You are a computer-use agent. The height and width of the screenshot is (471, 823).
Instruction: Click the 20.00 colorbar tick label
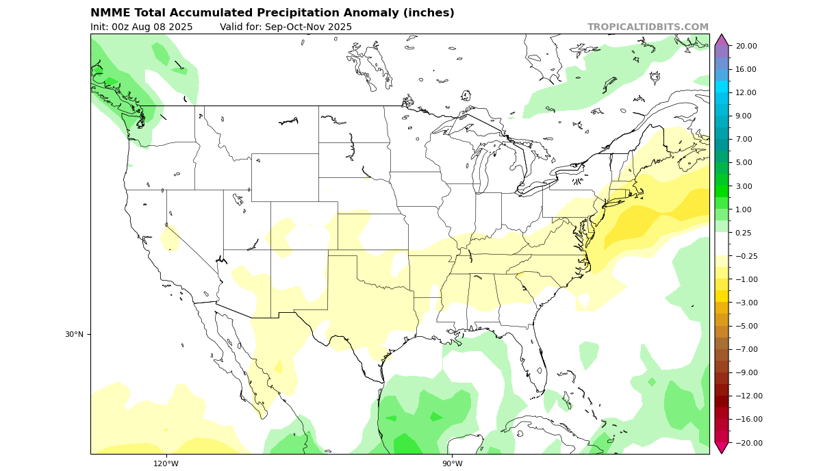pos(746,46)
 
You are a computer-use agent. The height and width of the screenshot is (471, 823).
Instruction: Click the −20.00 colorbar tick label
pos(746,443)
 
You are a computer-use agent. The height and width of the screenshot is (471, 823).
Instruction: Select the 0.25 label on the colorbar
pos(744,233)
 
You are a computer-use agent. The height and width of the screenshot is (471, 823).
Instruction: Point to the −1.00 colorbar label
pos(746,279)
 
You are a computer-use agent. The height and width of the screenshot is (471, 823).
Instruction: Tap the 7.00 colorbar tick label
pos(744,139)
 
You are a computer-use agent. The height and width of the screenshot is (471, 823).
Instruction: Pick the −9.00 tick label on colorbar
pos(746,372)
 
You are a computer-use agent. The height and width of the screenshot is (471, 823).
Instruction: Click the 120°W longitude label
pos(166,463)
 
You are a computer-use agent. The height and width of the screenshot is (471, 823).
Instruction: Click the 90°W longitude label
pos(452,463)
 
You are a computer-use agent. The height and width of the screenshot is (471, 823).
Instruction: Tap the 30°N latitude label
pos(74,334)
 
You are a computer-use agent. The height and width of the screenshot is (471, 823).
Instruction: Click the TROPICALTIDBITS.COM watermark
pos(648,27)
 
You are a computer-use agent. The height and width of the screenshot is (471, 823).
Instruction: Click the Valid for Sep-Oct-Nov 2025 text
pos(286,27)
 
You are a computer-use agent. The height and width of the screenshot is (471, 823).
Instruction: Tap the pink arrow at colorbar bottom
pos(721,447)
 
